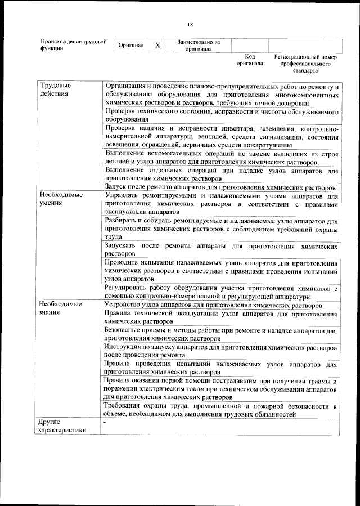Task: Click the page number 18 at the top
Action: tap(190, 24)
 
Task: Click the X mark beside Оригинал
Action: tap(158, 45)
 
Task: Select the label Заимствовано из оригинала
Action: tap(198, 45)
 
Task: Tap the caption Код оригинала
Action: tap(250, 60)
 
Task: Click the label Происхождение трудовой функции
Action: tap(73, 45)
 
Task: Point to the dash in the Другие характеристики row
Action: tap(105, 422)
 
